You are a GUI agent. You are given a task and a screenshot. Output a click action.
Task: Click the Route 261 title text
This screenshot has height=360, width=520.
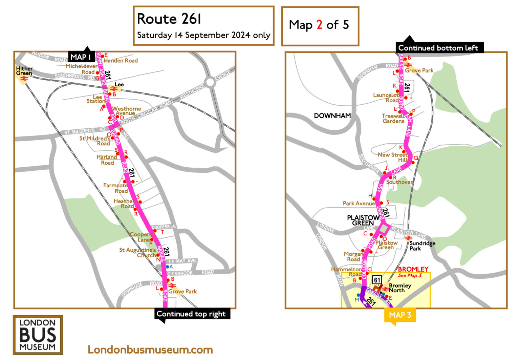(169, 19)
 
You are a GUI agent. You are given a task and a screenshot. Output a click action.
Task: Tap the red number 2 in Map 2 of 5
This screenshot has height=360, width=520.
(319, 25)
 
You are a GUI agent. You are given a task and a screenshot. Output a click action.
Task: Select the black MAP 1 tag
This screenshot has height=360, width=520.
(80, 57)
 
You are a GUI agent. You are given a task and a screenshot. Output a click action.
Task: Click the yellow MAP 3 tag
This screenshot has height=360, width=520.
(400, 315)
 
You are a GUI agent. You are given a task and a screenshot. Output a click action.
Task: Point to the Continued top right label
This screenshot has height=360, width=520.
(191, 314)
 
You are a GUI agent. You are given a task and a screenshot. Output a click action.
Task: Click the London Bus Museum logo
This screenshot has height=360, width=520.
(38, 335)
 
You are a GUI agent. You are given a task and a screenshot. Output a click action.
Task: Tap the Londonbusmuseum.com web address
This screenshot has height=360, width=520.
(150, 350)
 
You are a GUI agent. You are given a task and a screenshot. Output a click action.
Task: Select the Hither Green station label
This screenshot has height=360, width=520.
(24, 71)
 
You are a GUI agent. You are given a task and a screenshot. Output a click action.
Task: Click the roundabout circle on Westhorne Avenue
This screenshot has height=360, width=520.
(210, 82)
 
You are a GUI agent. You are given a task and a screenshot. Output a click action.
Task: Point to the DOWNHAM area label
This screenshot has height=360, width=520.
(332, 116)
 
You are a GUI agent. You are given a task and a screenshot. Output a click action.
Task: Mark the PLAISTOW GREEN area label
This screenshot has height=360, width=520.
(363, 220)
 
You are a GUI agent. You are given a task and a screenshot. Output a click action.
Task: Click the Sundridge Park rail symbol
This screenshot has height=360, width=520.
(408, 238)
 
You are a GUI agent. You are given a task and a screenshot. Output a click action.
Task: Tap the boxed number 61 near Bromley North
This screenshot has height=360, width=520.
(377, 280)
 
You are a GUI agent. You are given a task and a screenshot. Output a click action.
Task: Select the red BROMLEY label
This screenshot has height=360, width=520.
(413, 269)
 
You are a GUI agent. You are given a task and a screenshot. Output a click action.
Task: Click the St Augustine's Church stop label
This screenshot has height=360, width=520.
(137, 253)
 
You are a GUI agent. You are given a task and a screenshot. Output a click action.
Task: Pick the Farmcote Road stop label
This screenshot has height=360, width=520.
(115, 188)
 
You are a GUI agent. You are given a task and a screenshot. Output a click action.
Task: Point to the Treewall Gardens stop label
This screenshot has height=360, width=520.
(393, 118)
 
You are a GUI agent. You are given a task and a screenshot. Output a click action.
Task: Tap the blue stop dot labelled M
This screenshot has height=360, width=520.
(359, 295)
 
